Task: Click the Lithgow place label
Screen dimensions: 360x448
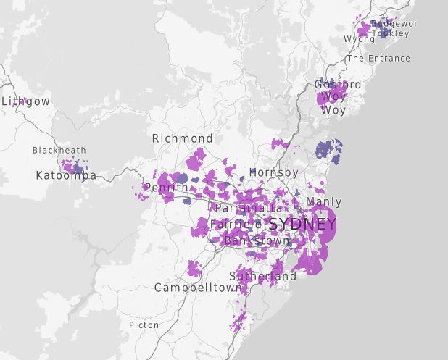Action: (x=26, y=101)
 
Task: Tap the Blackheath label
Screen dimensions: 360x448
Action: (x=59, y=151)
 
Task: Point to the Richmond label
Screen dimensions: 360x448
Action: (x=182, y=138)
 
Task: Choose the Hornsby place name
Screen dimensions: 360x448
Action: (x=273, y=172)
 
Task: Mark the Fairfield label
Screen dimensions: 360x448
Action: (x=237, y=225)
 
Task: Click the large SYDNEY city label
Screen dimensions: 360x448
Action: (x=302, y=224)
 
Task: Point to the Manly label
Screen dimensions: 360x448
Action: (x=323, y=201)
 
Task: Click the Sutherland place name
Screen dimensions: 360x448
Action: (x=262, y=277)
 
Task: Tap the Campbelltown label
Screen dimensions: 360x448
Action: (x=198, y=288)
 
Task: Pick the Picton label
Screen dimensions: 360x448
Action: (x=144, y=325)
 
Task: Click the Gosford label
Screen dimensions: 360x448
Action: (x=338, y=85)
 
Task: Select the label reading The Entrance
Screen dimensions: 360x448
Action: (x=378, y=59)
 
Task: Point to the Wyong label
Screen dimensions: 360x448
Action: (x=359, y=39)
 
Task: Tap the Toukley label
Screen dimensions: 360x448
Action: (x=391, y=33)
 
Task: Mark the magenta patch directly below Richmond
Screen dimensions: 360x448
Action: (x=196, y=159)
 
